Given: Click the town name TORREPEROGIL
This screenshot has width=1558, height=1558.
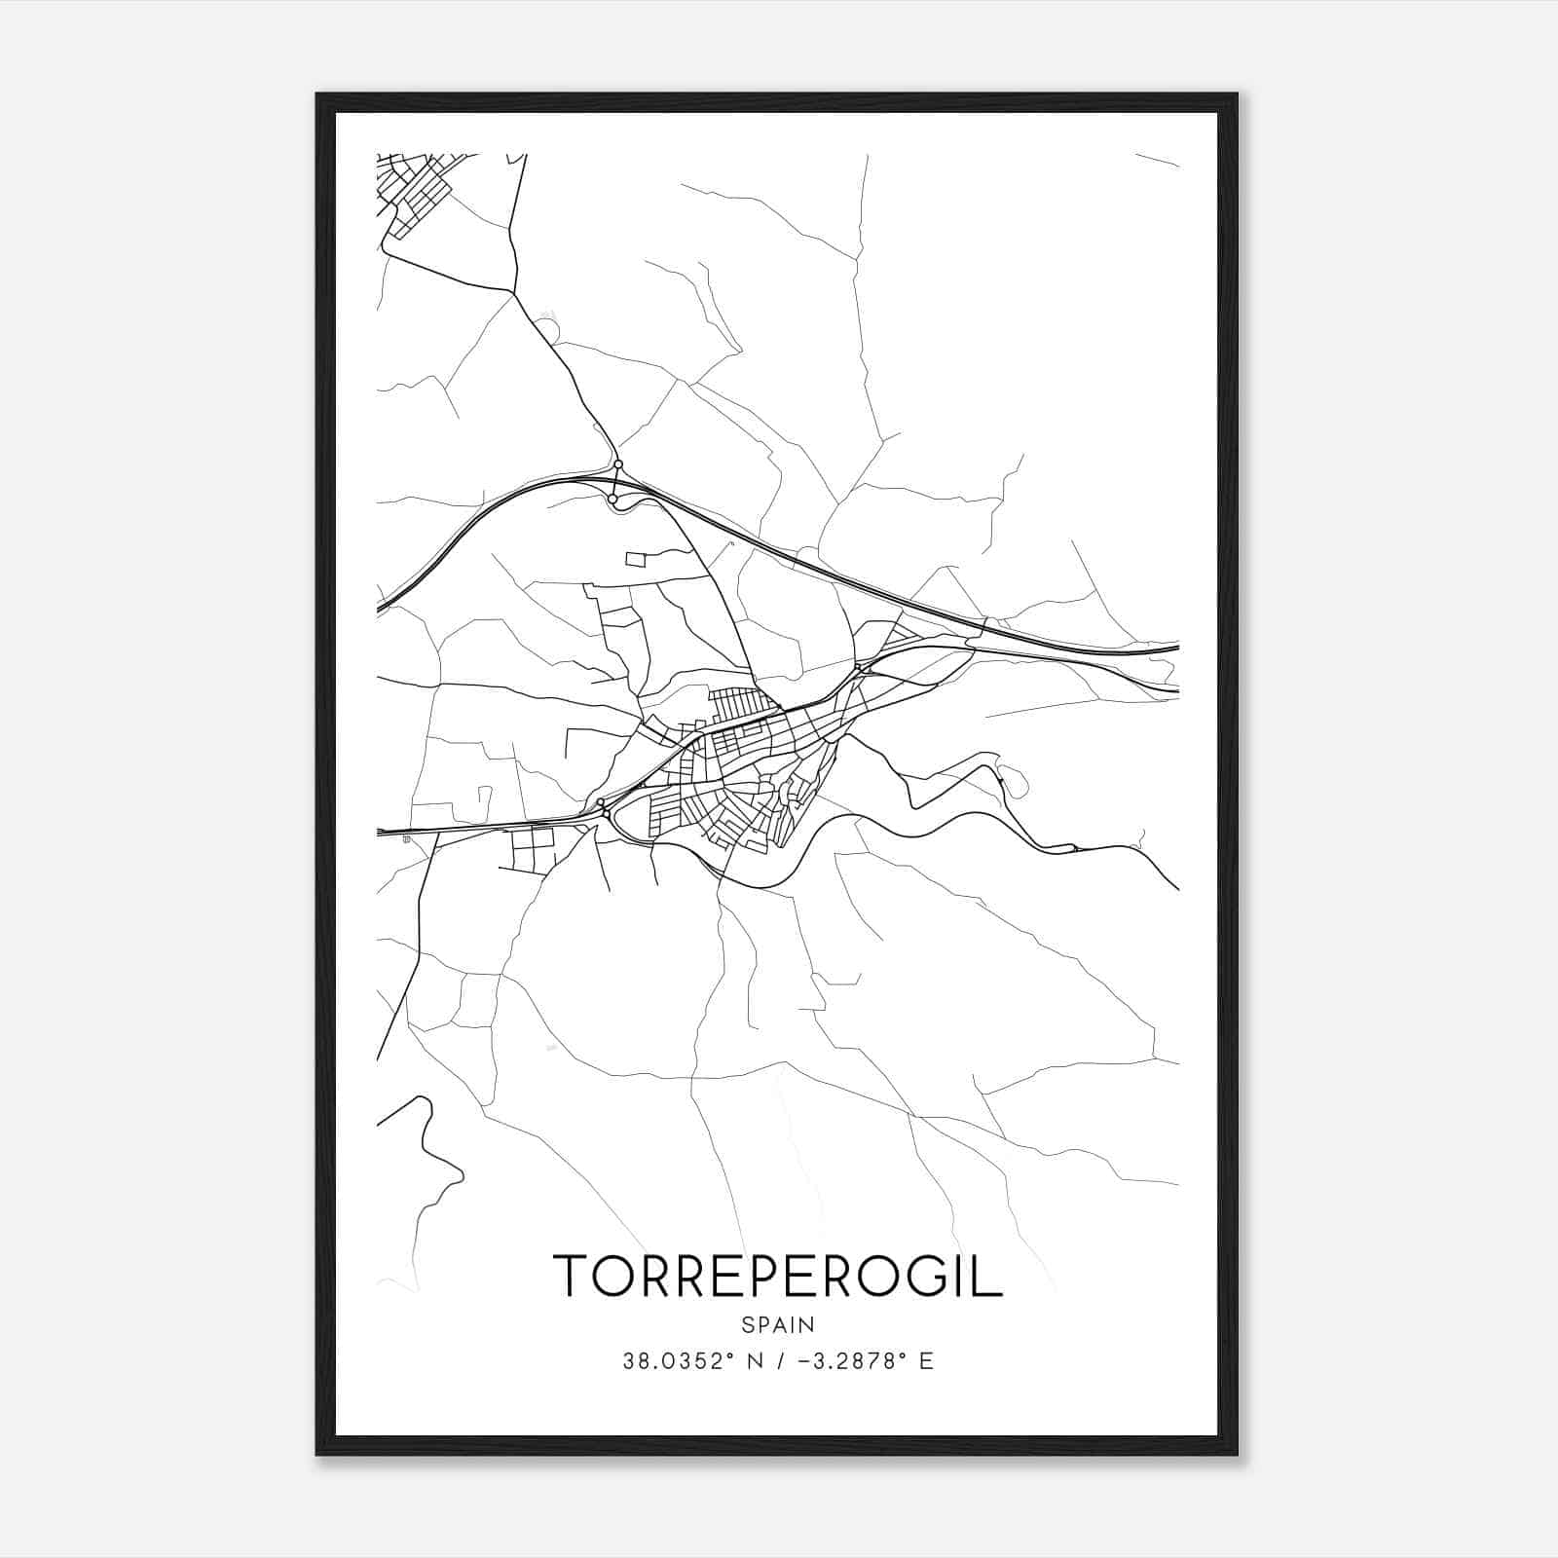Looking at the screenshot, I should pos(777,1276).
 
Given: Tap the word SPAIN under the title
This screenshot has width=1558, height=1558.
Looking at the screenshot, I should pos(777,1324).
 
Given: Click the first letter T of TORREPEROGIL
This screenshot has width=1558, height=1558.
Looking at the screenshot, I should pos(571,1276).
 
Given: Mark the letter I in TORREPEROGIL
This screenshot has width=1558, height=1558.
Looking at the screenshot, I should pos(962,1276).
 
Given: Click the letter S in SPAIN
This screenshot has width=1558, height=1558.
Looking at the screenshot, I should pos(747,1324).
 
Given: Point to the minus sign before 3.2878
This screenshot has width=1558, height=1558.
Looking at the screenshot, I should pos(803,1361).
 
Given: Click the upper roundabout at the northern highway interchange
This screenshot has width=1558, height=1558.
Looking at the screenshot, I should pos(618,464).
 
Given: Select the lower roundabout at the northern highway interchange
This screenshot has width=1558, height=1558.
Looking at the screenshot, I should pos(612,499).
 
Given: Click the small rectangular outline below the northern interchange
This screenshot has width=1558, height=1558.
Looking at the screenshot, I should pos(635,559).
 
